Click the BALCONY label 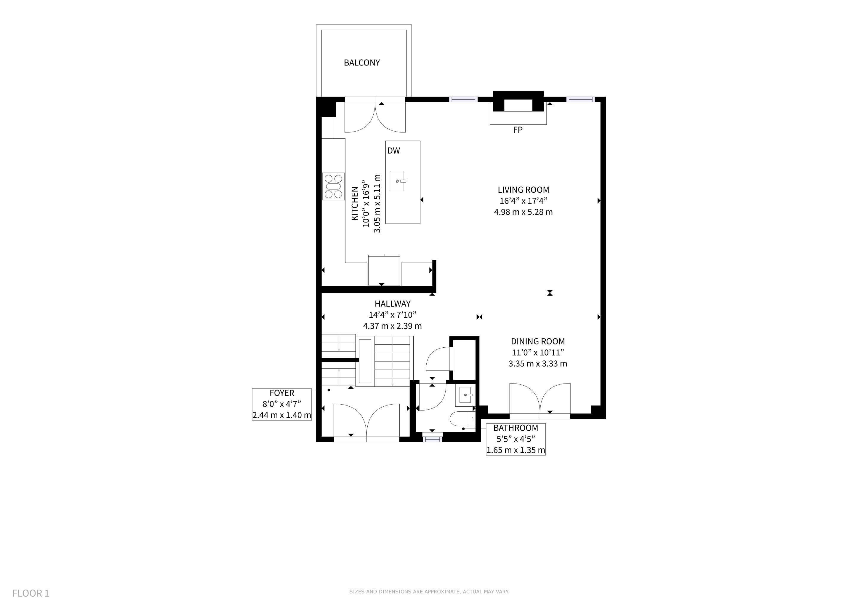click(x=362, y=63)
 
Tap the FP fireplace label click(x=518, y=130)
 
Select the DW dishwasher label click(x=393, y=151)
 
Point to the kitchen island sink click(x=397, y=181)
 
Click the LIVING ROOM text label click(x=523, y=190)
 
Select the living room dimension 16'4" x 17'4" click(x=523, y=201)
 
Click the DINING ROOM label click(x=538, y=341)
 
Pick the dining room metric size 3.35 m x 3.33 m click(x=538, y=363)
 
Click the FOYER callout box click(x=282, y=404)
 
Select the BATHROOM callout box click(x=516, y=439)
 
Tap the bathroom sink click(x=465, y=395)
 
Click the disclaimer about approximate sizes click(x=429, y=592)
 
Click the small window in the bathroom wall click(x=432, y=439)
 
